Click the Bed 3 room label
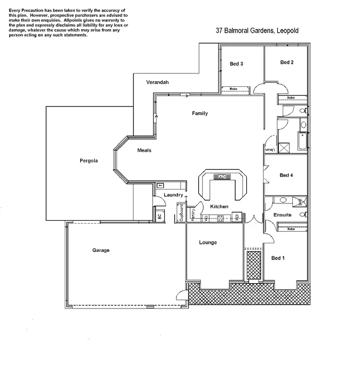pos(236,64)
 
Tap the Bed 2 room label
pos(287,62)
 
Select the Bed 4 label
pos(286,175)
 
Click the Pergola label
pos(89,161)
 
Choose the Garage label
pos(101,250)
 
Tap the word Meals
pos(144,150)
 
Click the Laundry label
pos(173,195)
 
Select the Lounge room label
pos(208,242)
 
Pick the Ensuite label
pos(283,215)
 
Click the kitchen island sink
pos(222,177)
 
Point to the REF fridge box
pos(237,217)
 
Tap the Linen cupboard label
pos(270,150)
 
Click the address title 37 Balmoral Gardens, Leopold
pos(257,31)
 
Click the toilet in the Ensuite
pos(303,215)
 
